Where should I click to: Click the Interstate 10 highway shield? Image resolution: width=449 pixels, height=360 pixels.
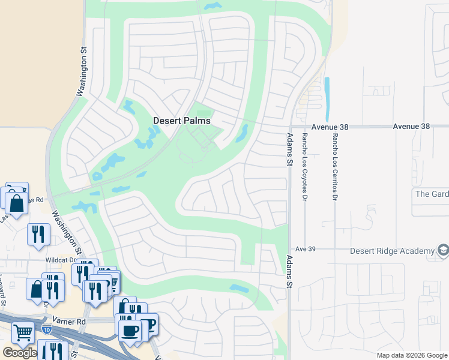tap(47, 329)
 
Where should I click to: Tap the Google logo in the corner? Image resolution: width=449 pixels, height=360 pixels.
tap(19, 353)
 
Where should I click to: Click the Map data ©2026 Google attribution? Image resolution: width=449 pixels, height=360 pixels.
tap(412, 355)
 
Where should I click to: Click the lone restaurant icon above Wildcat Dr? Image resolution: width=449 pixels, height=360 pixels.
tap(38, 233)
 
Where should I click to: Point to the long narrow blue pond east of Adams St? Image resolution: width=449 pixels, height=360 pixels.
tap(327, 99)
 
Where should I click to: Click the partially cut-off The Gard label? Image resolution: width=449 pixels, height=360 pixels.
tap(432, 194)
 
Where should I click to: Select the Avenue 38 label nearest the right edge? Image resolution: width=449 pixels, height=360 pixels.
tap(412, 127)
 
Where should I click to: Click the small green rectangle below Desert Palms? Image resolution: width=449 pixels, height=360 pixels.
tap(205, 113)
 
